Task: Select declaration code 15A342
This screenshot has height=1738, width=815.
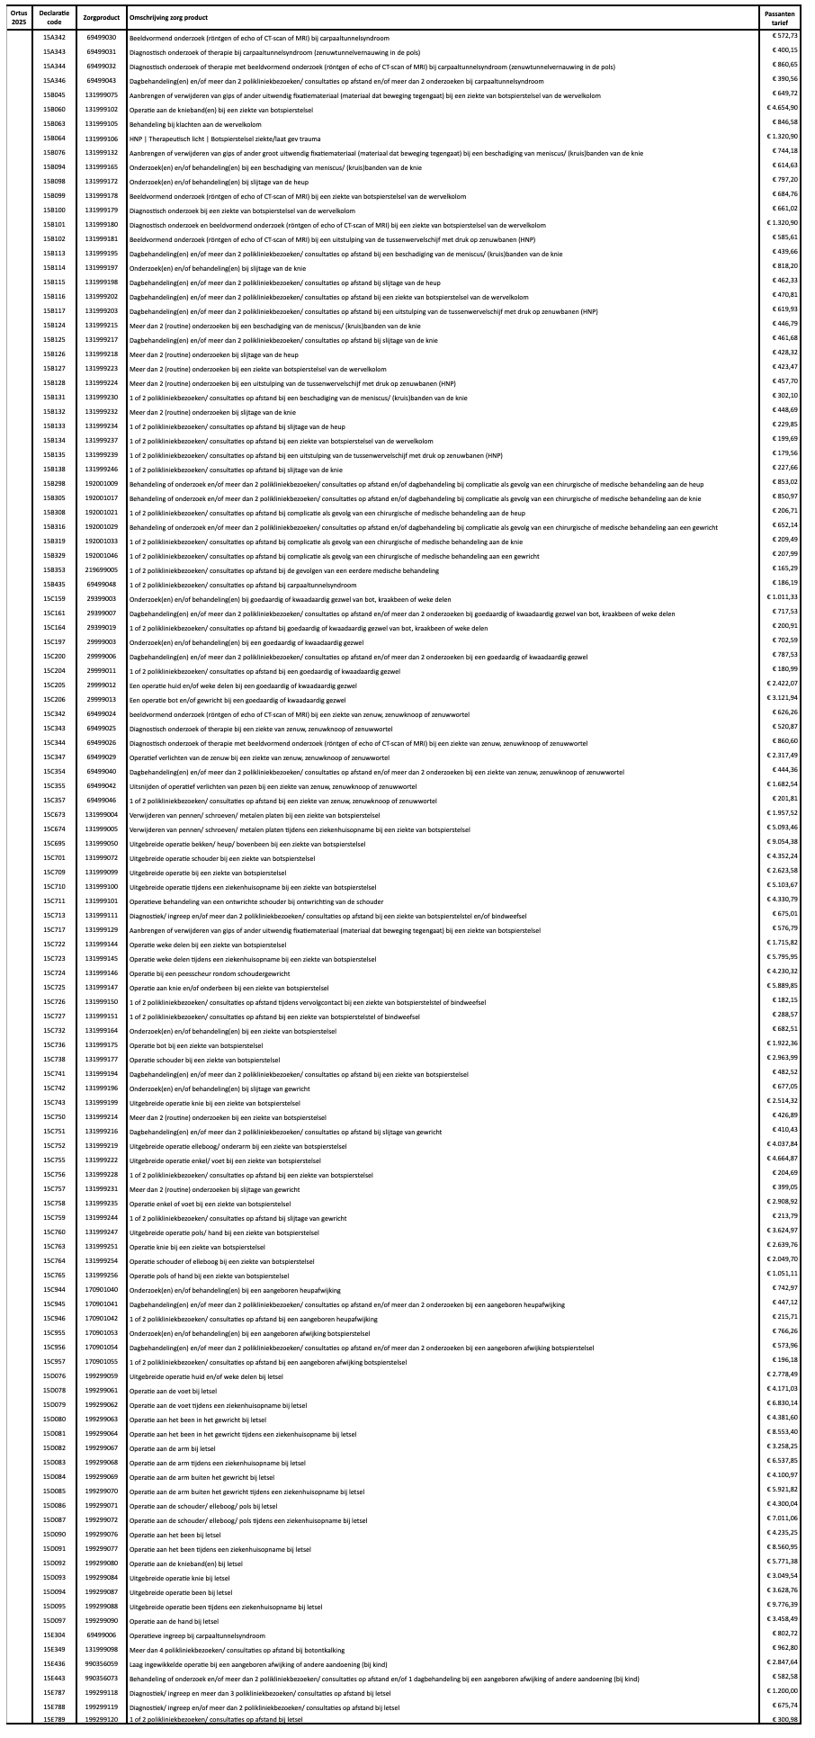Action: point(54,38)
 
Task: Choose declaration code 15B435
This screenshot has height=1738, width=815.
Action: point(54,585)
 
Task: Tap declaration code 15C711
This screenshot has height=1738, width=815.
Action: point(54,900)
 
